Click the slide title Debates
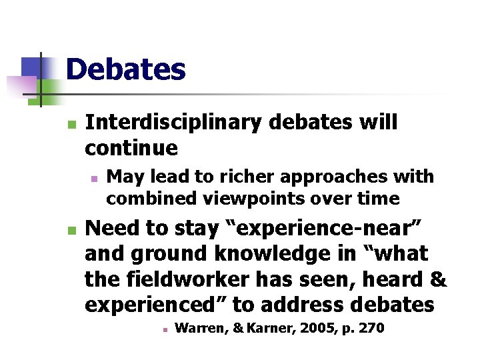tap(125, 69)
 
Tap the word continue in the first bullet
tap(131, 147)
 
